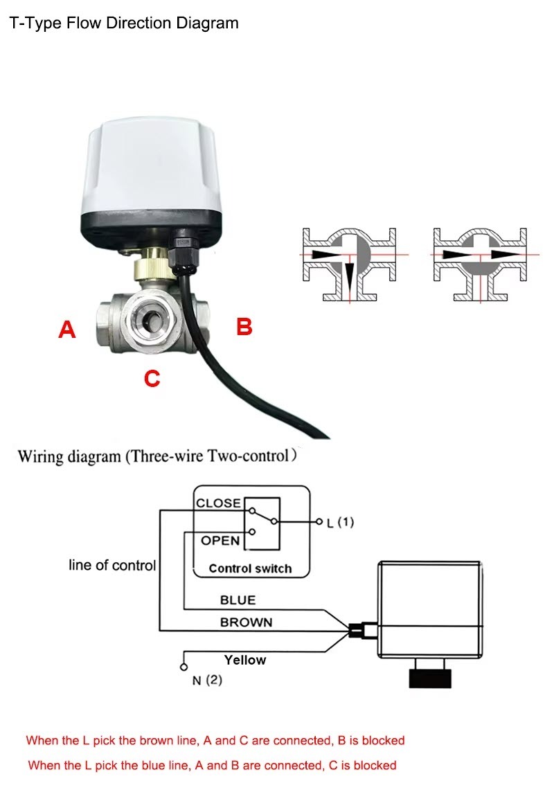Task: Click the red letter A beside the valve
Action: [66, 330]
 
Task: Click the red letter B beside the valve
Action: [244, 326]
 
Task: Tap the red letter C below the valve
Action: [152, 378]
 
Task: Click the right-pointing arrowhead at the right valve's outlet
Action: [503, 254]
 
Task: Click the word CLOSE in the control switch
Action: [218, 503]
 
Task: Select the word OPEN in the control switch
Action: [220, 540]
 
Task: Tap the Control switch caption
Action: [250, 568]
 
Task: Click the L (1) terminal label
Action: [340, 522]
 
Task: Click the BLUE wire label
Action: [238, 600]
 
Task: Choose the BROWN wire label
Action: [246, 622]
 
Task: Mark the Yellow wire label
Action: [244, 660]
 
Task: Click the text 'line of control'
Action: [112, 565]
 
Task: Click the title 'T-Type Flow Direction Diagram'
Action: [124, 23]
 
